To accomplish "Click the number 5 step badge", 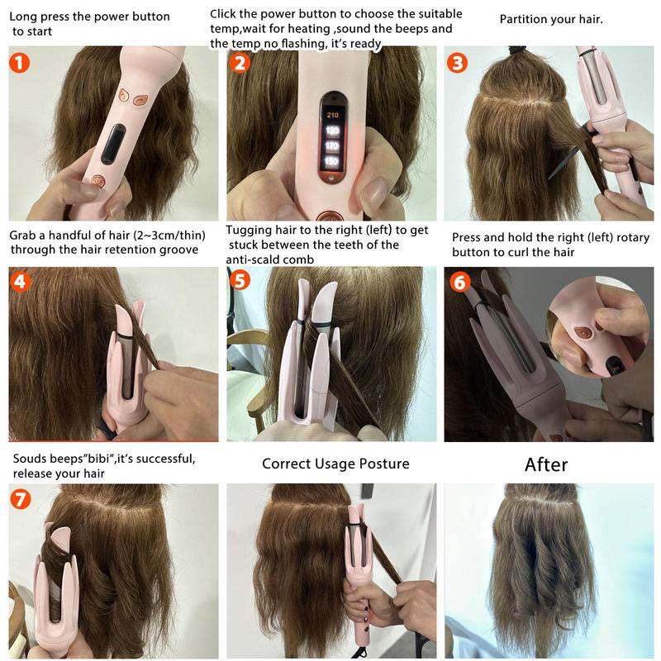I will point(240,281).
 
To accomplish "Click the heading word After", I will point(546,464).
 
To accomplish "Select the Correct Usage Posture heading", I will point(335,464).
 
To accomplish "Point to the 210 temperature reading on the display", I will point(334,115).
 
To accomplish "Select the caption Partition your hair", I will point(551,18).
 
